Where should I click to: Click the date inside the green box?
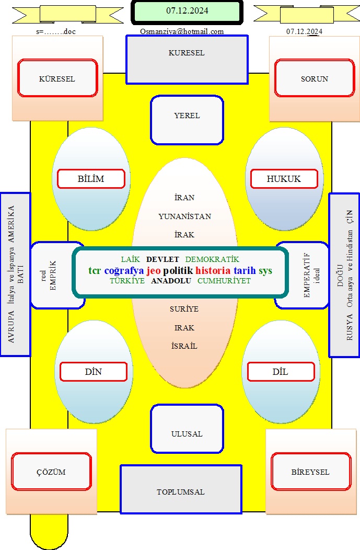pyautogui.click(x=187, y=11)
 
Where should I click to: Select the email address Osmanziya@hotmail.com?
pyautogui.click(x=182, y=31)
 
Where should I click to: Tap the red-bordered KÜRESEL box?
pyautogui.click(x=57, y=78)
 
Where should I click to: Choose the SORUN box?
pyautogui.click(x=315, y=78)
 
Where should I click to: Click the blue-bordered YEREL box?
pyautogui.click(x=187, y=120)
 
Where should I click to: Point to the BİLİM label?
pyautogui.click(x=91, y=179)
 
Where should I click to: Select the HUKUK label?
pyautogui.click(x=284, y=179)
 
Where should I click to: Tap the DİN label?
pyautogui.click(x=93, y=372)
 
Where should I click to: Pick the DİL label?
pyautogui.click(x=281, y=372)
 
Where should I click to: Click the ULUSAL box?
pyautogui.click(x=187, y=429)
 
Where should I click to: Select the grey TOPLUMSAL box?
pyautogui.click(x=181, y=489)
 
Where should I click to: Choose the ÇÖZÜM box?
pyautogui.click(x=51, y=472)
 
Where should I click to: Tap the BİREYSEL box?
pyautogui.click(x=310, y=472)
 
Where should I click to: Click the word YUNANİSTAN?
pyautogui.click(x=185, y=216)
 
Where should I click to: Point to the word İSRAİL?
pyautogui.click(x=184, y=346)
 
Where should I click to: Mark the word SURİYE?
pyautogui.click(x=184, y=309)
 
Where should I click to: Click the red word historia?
pyautogui.click(x=213, y=270)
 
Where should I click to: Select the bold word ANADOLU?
pyautogui.click(x=171, y=281)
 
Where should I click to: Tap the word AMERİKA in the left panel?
pyautogui.click(x=11, y=224)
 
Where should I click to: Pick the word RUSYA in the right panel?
pyautogui.click(x=350, y=327)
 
